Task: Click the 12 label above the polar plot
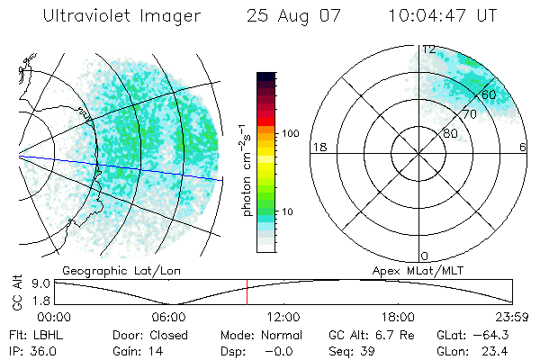429,49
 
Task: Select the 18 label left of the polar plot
318,147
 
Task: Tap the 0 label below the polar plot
425,256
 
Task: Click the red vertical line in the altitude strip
247,292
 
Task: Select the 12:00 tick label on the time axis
283,317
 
